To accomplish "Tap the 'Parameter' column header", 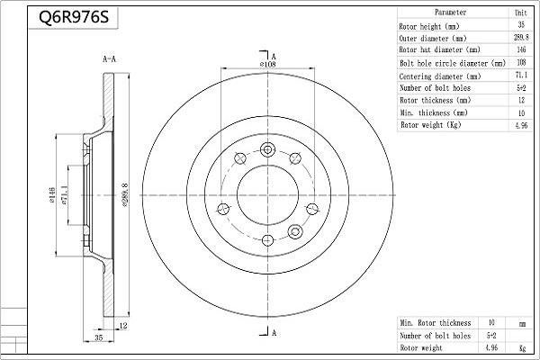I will [x=450, y=13].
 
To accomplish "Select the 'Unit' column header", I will [x=520, y=13].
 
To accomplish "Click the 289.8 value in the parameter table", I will [x=520, y=38].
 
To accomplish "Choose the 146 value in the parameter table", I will [x=520, y=50].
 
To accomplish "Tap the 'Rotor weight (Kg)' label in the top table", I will [x=430, y=125].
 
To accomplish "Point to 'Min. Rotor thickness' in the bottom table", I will [x=436, y=321].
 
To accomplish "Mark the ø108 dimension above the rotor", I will [x=267, y=64].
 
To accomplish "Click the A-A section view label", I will [x=110, y=59].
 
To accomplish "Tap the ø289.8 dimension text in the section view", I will [x=124, y=195].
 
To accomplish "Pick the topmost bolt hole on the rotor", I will [x=267, y=149].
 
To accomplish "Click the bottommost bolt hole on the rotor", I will [x=267, y=240].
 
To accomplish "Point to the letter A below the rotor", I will [x=274, y=334].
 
